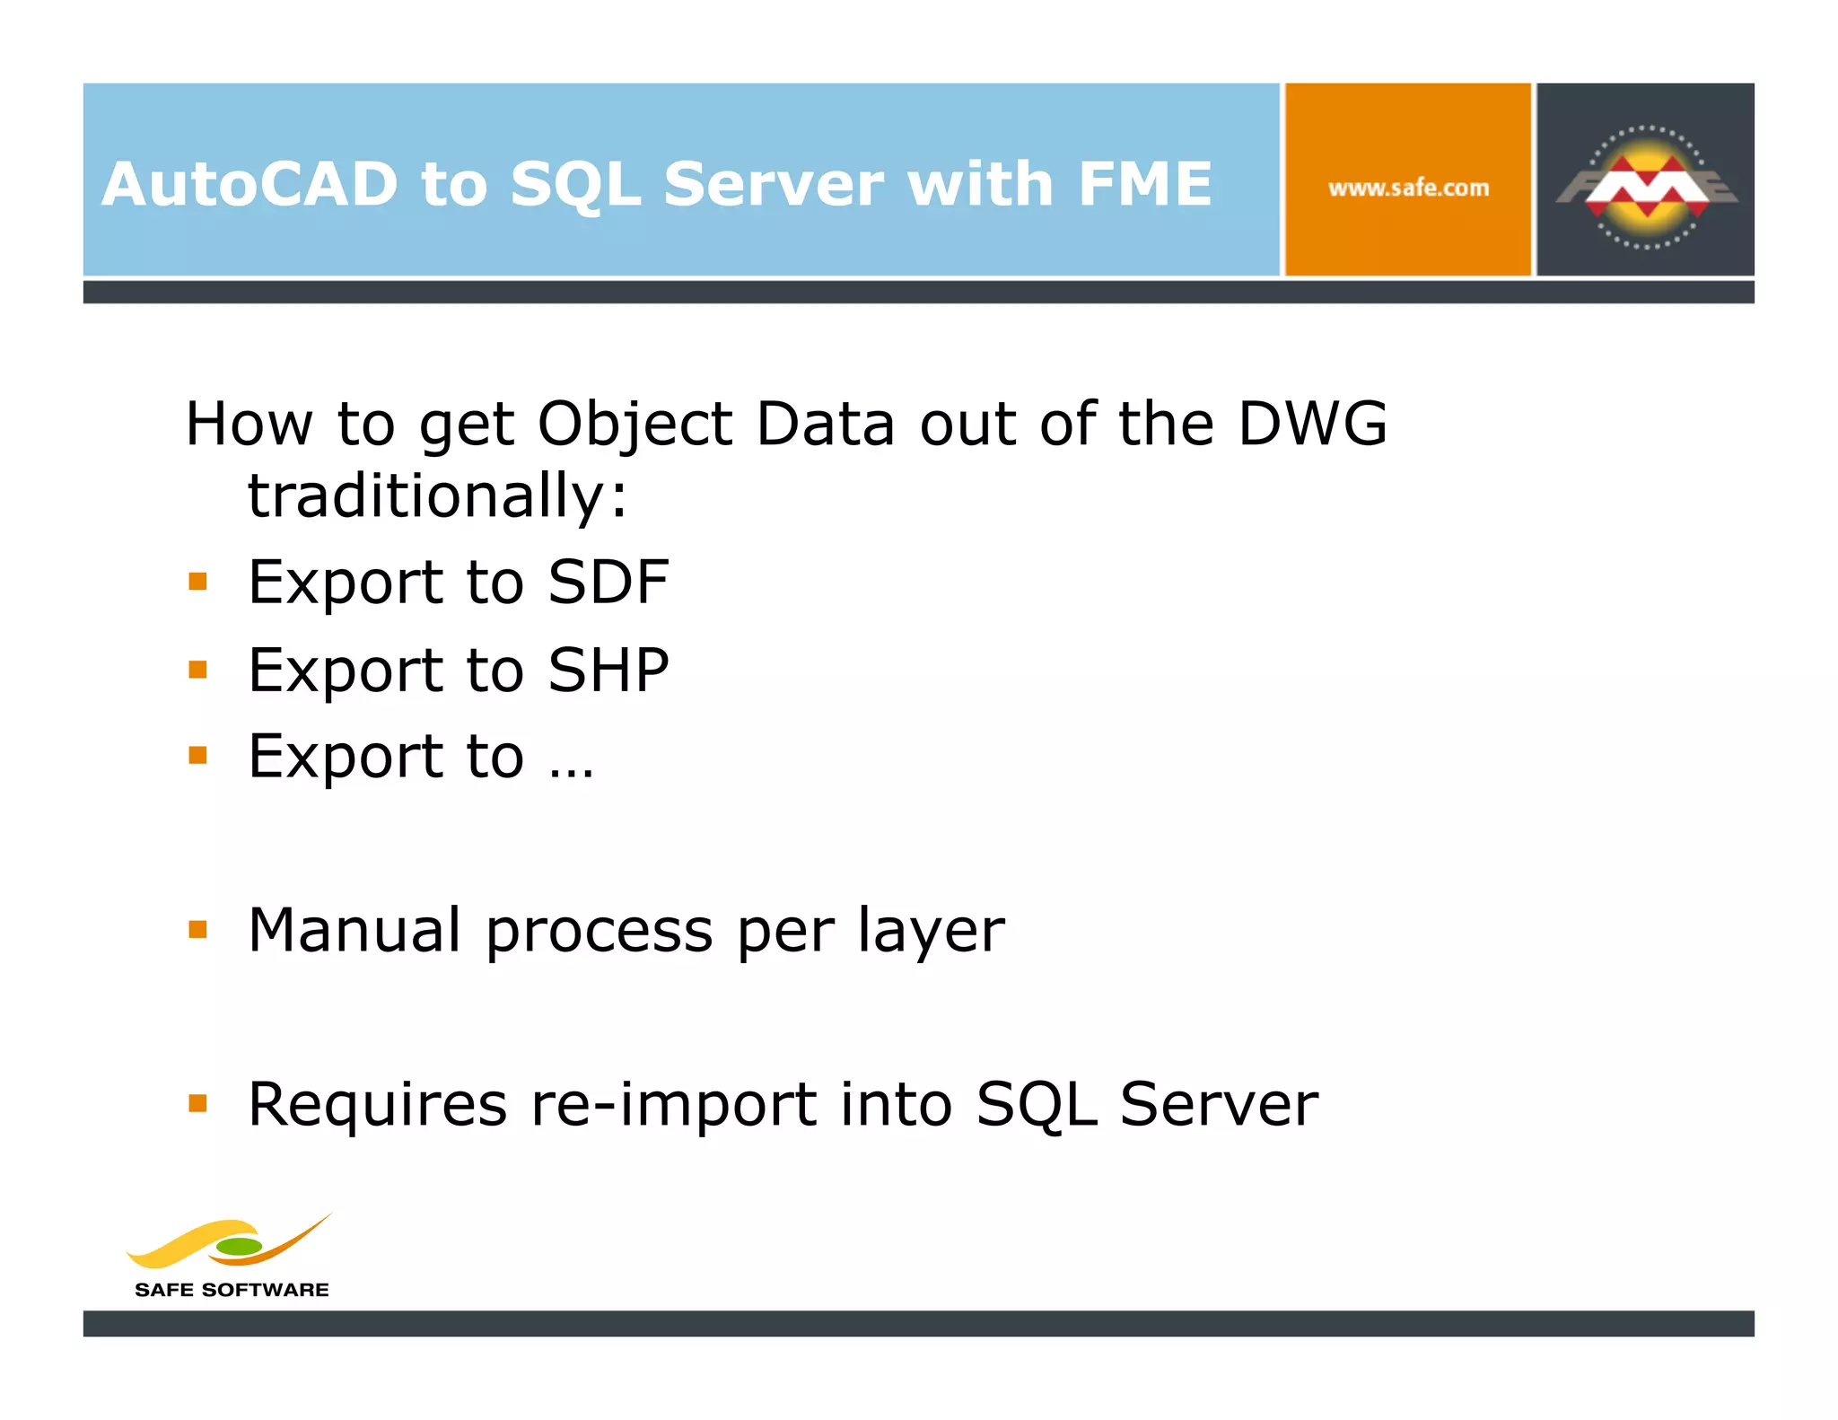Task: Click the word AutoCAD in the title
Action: pyautogui.click(x=249, y=184)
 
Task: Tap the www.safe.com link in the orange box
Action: pyautogui.click(x=1408, y=188)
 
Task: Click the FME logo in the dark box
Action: pyautogui.click(x=1646, y=187)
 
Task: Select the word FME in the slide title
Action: pyautogui.click(x=1144, y=184)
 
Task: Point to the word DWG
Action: pyautogui.click(x=1312, y=423)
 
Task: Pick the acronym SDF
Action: pyautogui.click(x=608, y=582)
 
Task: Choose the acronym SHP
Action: pyautogui.click(x=608, y=670)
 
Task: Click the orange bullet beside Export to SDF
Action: pyautogui.click(x=198, y=583)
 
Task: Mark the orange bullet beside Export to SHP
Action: pyautogui.click(x=198, y=670)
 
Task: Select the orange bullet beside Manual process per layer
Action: pyautogui.click(x=198, y=929)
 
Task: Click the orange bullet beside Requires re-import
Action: pyautogui.click(x=198, y=1103)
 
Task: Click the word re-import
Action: pyautogui.click(x=674, y=1104)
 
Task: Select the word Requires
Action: pyautogui.click(x=377, y=1104)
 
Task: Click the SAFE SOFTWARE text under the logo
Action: pyautogui.click(x=232, y=1290)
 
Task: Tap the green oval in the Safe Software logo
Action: pyautogui.click(x=239, y=1246)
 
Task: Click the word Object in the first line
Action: pyautogui.click(x=635, y=425)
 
